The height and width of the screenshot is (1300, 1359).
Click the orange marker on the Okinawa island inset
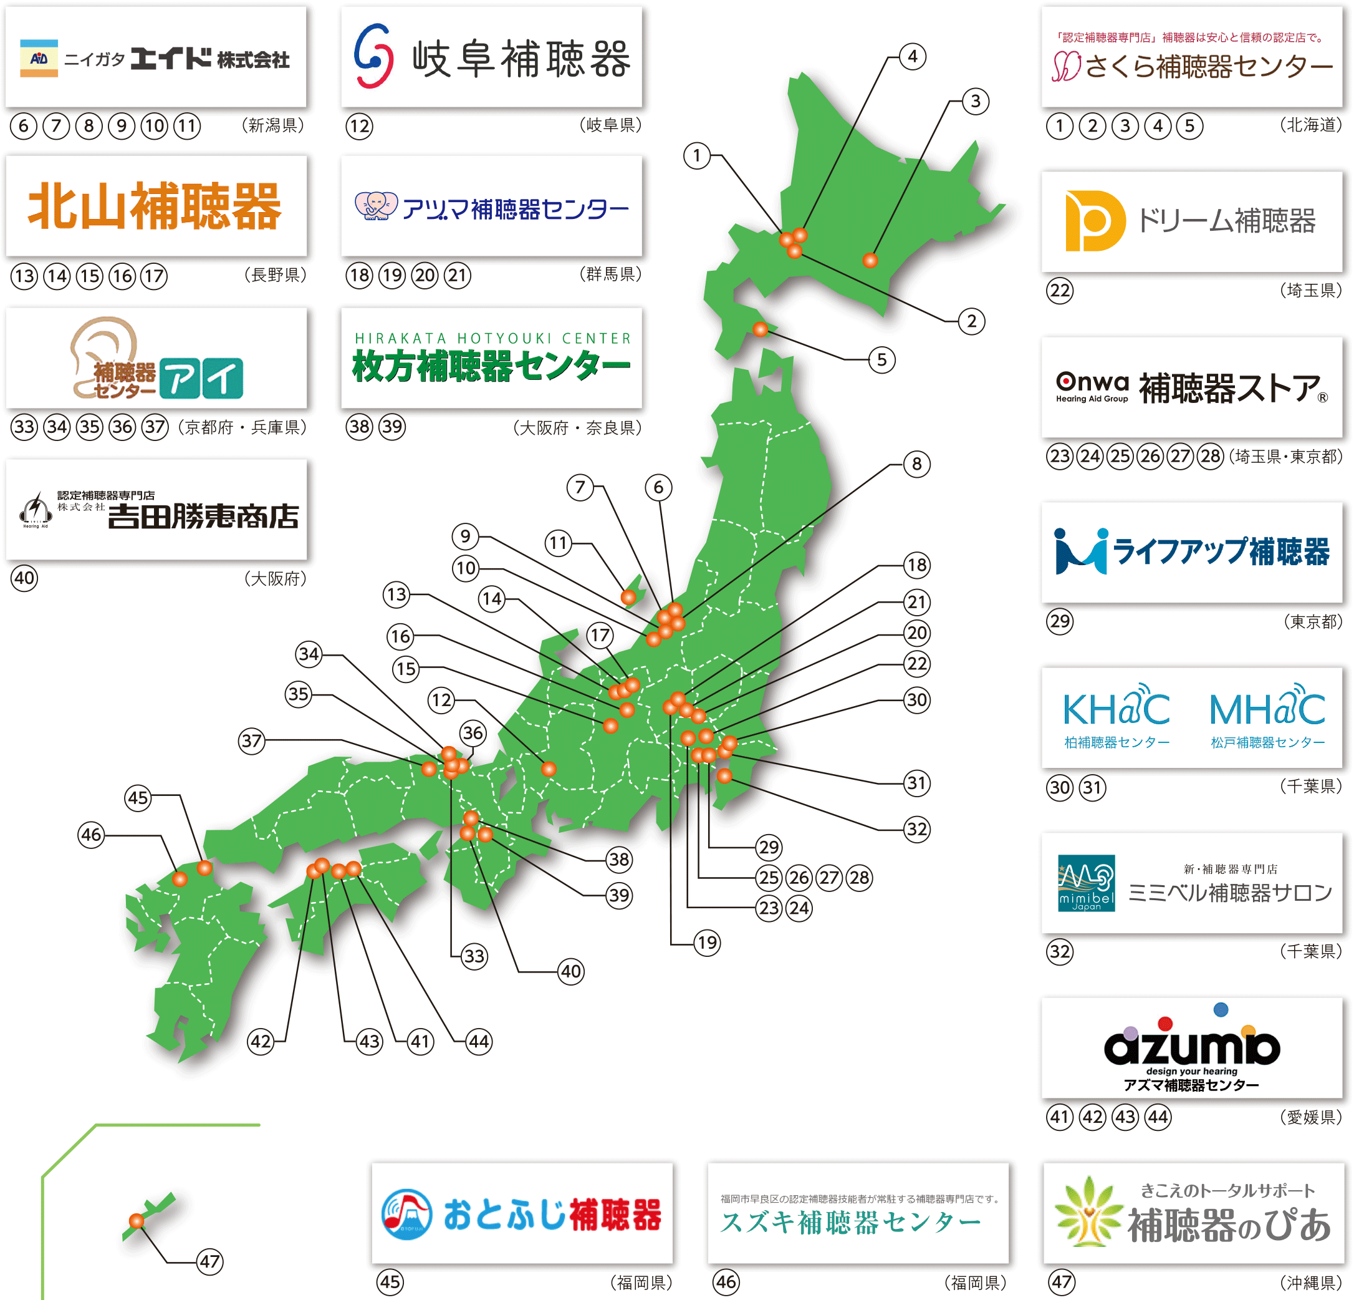(x=137, y=1221)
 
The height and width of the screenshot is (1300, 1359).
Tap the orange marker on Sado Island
(x=628, y=596)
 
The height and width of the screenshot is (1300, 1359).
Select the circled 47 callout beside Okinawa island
(x=209, y=1261)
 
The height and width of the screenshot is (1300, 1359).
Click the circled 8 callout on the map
(x=916, y=463)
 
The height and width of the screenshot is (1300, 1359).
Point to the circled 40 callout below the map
(x=571, y=971)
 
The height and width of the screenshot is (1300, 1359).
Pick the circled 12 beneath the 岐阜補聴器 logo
(x=359, y=126)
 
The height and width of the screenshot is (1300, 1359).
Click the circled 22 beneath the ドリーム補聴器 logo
(x=1059, y=289)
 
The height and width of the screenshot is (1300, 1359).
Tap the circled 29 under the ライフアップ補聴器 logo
(x=1059, y=621)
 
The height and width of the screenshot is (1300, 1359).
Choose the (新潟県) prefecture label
(x=273, y=125)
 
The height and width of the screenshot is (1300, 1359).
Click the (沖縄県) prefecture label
(x=1310, y=1283)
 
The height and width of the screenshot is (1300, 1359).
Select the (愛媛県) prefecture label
(x=1310, y=1117)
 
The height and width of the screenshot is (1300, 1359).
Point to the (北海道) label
(x=1310, y=125)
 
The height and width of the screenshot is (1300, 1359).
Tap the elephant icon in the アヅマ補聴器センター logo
(x=376, y=206)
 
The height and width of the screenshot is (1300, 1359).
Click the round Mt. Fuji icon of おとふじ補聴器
(x=407, y=1214)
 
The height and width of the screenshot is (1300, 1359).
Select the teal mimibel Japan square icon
(x=1085, y=883)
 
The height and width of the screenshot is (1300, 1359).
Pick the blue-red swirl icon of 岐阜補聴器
(x=374, y=57)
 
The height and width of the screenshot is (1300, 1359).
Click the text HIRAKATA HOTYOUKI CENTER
(x=492, y=338)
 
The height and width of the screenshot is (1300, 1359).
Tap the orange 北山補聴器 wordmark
(x=155, y=206)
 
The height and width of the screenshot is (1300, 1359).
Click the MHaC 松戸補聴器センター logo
(x=1267, y=717)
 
